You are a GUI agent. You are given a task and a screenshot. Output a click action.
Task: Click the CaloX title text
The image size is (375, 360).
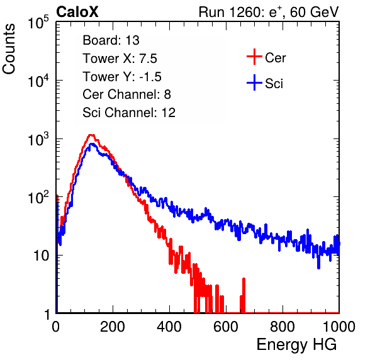click(x=77, y=12)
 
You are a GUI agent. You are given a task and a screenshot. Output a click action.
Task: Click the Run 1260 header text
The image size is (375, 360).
click(x=269, y=12)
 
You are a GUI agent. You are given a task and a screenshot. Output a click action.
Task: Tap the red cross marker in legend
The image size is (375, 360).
click(x=254, y=57)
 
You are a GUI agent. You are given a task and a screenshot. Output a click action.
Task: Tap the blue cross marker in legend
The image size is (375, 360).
click(x=254, y=82)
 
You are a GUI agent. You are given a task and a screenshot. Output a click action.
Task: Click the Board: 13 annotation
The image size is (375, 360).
click(x=111, y=40)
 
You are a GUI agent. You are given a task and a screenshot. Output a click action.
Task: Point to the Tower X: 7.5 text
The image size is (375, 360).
click(x=120, y=59)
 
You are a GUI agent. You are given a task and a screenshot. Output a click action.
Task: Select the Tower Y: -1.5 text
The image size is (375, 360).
click(x=122, y=77)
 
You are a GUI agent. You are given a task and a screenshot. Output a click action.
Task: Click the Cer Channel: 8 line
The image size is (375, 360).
click(x=126, y=94)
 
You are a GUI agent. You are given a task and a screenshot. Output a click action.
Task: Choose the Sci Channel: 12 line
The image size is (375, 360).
click(x=129, y=113)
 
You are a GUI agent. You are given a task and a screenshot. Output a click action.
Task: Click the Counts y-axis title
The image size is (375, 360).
click(x=9, y=49)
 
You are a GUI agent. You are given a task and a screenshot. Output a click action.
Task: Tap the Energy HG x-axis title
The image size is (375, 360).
click(x=296, y=345)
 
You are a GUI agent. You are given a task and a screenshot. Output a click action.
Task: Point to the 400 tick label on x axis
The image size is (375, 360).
click(x=169, y=327)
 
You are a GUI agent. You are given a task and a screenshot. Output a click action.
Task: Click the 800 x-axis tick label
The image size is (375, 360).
click(x=283, y=327)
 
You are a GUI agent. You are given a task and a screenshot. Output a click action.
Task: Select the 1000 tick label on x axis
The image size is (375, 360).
click(x=339, y=327)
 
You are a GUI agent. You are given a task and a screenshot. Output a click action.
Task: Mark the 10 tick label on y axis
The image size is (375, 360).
click(x=42, y=256)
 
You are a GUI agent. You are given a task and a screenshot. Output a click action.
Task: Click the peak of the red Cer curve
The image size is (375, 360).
click(x=91, y=135)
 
